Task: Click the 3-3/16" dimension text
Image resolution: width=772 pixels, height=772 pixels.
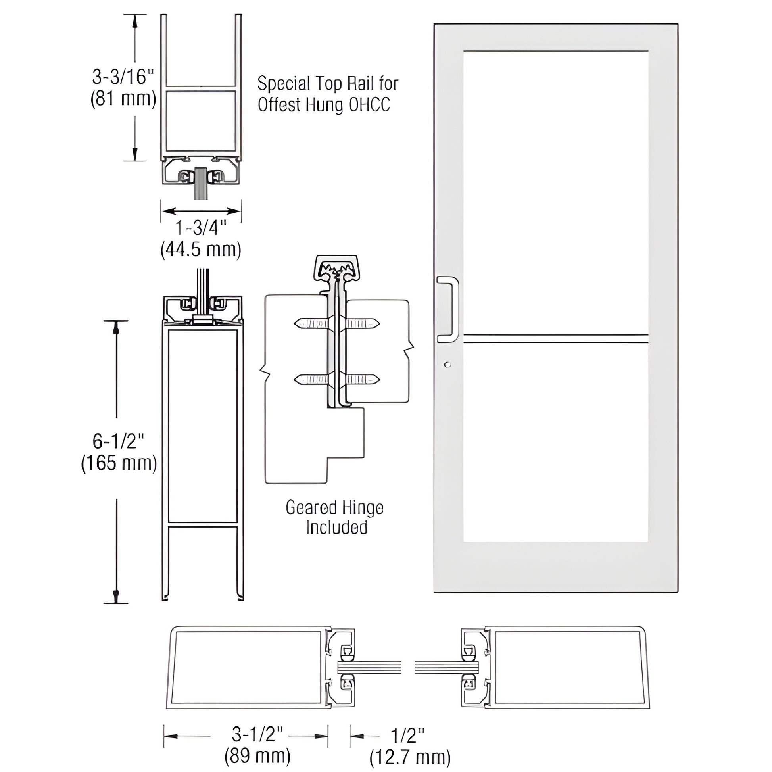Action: click(x=123, y=77)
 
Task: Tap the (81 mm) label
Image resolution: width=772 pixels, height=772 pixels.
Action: click(x=123, y=99)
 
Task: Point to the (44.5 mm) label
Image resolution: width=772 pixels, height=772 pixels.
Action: click(x=201, y=250)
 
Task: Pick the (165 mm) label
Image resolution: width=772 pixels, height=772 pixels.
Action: click(x=119, y=463)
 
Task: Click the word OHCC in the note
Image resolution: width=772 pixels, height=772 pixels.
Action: click(x=369, y=105)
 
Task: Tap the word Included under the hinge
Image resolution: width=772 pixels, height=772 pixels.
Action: click(x=336, y=528)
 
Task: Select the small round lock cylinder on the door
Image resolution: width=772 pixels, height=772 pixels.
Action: click(x=447, y=365)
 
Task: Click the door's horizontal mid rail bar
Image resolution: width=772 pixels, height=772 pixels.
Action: click(x=555, y=338)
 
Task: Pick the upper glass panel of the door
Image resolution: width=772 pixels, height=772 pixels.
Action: click(x=555, y=192)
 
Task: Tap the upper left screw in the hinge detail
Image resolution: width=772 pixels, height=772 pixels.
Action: click(x=311, y=323)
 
